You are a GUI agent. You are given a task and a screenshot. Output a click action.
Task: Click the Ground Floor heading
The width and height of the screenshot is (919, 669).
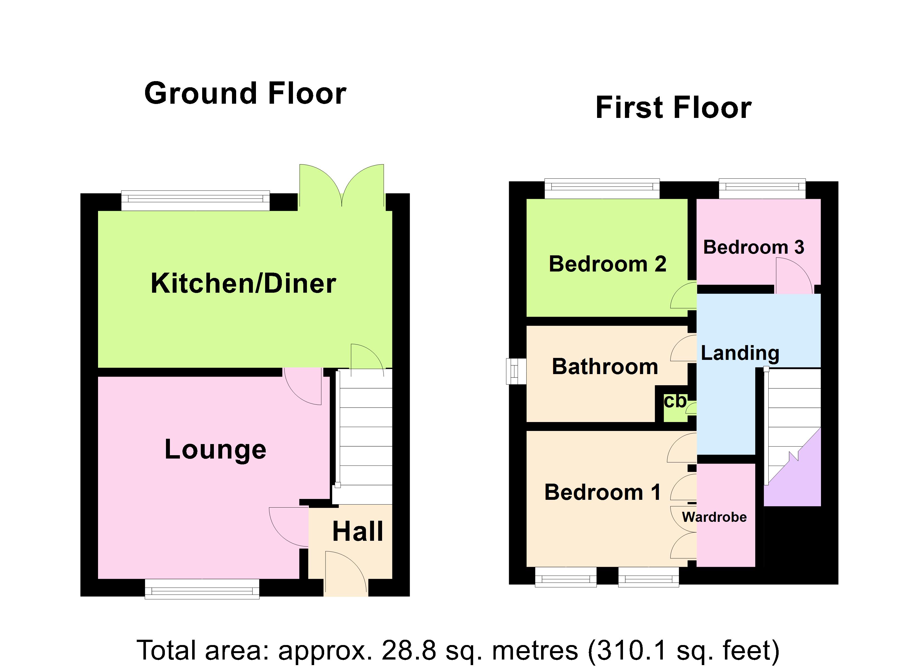pos(245,94)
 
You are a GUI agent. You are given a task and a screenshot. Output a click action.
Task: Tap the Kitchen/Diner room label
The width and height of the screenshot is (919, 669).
pos(243,283)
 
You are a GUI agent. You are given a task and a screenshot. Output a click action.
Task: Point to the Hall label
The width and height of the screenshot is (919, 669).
pos(357,532)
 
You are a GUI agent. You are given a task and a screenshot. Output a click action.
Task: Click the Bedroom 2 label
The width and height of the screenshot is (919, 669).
pos(607,264)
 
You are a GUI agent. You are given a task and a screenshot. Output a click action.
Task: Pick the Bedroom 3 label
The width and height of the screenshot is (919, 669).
pos(753,248)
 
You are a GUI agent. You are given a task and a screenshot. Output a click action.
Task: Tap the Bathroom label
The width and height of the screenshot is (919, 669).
pos(605,367)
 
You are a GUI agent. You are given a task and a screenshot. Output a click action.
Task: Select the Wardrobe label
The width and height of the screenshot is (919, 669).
pos(714,517)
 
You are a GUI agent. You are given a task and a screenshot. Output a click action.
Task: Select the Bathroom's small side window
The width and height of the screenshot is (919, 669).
pos(516,371)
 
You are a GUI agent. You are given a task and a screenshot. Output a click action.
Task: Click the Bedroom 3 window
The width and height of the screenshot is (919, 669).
pos(762,189)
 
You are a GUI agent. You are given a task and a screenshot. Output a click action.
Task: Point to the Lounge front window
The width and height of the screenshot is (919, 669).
pos(202,589)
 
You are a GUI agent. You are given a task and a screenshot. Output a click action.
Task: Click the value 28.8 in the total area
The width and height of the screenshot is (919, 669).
pos(409,650)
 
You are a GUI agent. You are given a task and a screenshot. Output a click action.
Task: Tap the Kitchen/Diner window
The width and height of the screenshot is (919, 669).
pos(195,200)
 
